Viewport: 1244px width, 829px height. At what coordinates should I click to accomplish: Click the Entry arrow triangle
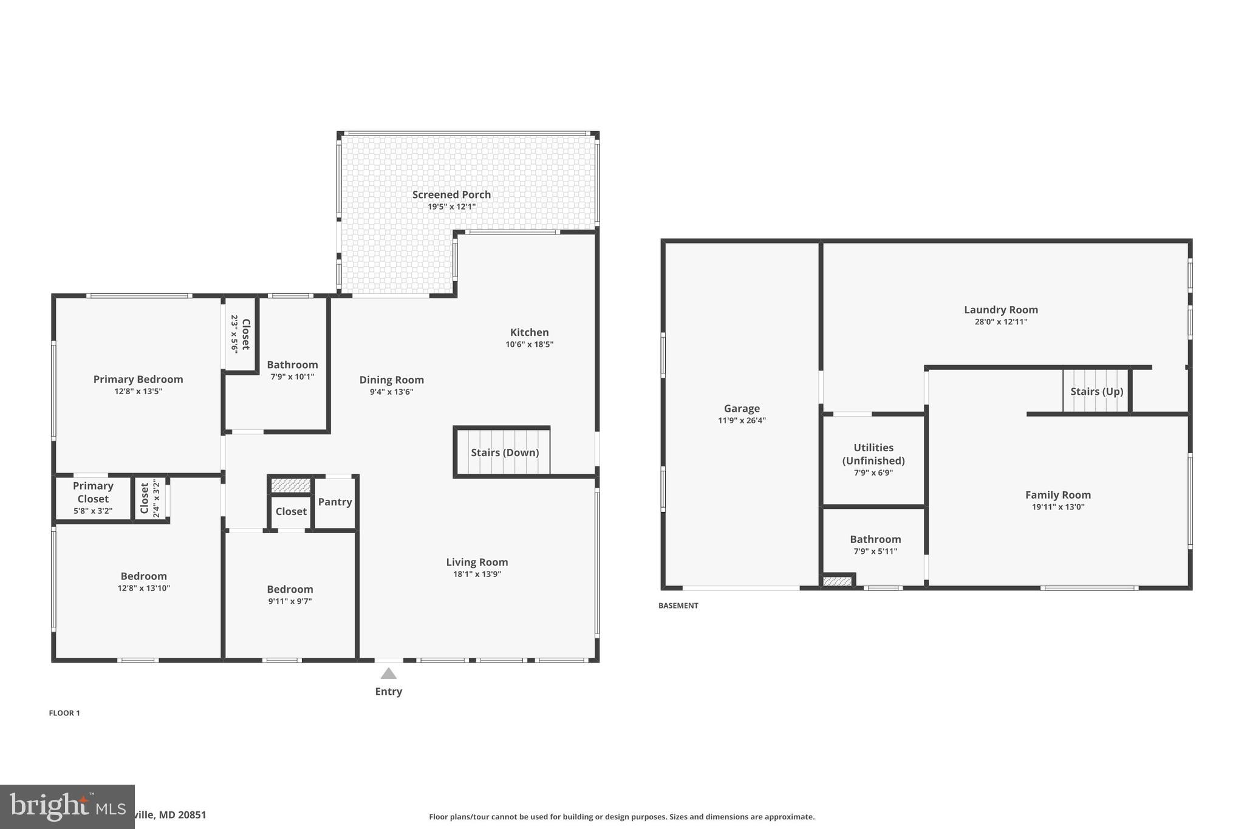click(x=389, y=674)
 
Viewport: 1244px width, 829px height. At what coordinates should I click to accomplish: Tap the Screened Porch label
click(x=451, y=194)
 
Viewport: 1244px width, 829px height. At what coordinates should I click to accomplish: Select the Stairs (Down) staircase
click(x=504, y=452)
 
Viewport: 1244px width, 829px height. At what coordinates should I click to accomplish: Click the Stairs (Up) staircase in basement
click(x=1096, y=391)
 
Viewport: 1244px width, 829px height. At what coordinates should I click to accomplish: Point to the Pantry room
click(x=335, y=502)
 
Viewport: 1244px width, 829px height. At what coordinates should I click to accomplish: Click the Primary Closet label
click(x=93, y=492)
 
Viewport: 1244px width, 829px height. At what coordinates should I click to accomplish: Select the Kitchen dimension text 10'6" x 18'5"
click(x=529, y=344)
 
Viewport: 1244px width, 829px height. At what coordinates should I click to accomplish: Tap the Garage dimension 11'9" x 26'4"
click(x=742, y=420)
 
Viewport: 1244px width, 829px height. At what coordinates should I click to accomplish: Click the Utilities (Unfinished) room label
click(x=873, y=454)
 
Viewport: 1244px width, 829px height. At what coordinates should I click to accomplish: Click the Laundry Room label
click(x=1000, y=310)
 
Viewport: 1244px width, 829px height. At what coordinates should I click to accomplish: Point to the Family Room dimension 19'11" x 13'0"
click(x=1058, y=507)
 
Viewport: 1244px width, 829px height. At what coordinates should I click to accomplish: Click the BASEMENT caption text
click(x=678, y=606)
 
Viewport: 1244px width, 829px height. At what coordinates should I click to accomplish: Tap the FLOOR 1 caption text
click(x=64, y=713)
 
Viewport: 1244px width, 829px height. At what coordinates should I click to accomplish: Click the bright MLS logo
click(x=67, y=807)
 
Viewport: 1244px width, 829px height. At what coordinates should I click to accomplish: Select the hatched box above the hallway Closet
click(x=291, y=485)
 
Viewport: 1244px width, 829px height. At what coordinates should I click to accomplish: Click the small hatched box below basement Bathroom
click(x=837, y=581)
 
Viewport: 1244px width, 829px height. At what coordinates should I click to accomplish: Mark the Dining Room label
click(x=391, y=380)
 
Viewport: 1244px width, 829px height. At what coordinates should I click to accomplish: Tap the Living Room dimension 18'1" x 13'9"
click(x=477, y=574)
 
